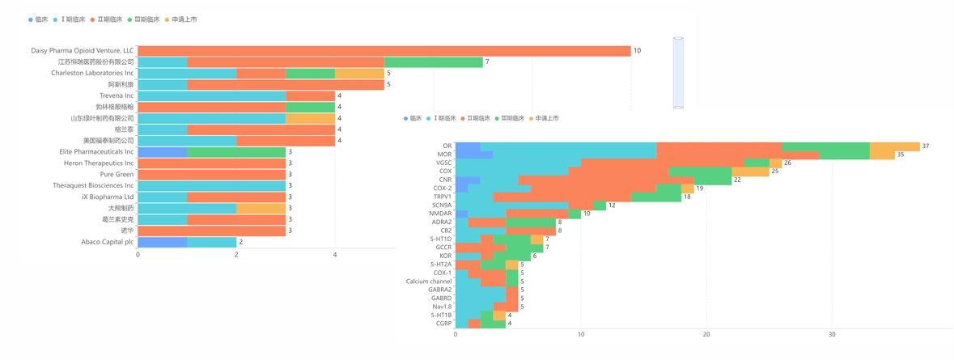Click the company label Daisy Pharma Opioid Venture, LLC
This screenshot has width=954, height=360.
[x=82, y=51]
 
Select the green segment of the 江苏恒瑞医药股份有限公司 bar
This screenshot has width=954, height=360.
[x=433, y=62]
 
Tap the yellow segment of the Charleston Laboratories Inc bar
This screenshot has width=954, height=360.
[x=359, y=74]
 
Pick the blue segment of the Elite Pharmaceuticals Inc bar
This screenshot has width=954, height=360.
[x=162, y=152]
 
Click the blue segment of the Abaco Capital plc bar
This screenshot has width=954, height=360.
[x=162, y=242]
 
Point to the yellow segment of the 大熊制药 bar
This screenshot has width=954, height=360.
[x=261, y=209]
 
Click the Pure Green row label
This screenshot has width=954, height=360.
[x=117, y=175]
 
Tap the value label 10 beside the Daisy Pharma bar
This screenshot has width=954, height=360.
[x=637, y=51]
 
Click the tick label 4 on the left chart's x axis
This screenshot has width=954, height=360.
[x=335, y=255]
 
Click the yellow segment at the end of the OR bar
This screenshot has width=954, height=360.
[x=894, y=146]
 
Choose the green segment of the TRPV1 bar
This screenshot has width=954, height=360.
[x=655, y=197]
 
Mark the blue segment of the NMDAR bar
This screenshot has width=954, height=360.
[x=461, y=214]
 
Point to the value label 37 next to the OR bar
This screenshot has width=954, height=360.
[x=926, y=146]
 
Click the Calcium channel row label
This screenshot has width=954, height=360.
[x=429, y=282]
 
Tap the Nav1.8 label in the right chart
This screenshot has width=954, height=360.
[x=442, y=307]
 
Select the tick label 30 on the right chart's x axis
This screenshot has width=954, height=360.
[x=832, y=334]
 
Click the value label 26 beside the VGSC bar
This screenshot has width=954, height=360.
[x=787, y=163]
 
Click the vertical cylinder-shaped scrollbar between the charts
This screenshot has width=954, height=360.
[x=678, y=73]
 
